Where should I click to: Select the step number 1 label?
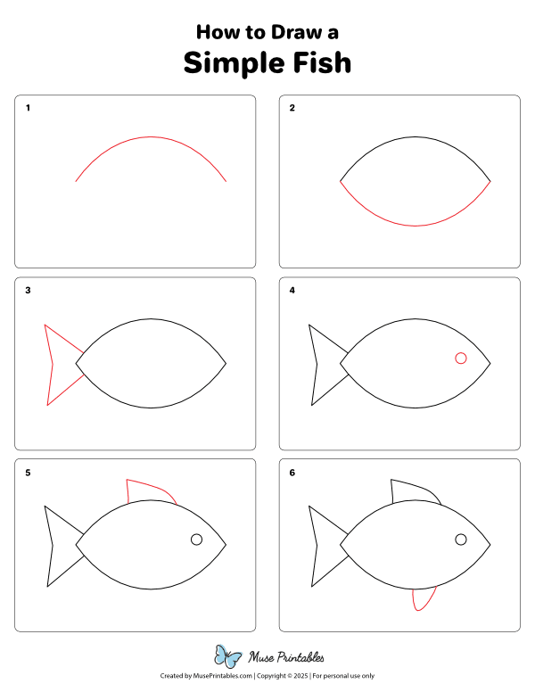pos(29,108)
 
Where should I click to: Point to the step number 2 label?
pos(292,108)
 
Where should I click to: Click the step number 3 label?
pos(29,290)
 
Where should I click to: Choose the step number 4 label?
pos(292,290)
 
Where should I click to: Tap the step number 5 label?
pos(29,473)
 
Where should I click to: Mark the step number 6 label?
pos(292,473)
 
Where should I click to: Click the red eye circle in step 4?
pos(461,358)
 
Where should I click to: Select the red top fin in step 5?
pos(147,490)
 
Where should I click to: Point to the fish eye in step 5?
pos(197,540)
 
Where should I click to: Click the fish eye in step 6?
pos(461,540)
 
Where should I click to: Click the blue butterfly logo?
pos(228,657)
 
